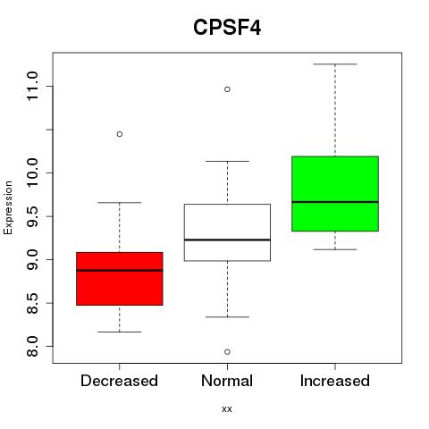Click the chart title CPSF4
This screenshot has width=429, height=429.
227,28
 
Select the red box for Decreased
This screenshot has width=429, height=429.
120,279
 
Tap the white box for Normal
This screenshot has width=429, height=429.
227,232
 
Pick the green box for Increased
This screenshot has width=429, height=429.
335,193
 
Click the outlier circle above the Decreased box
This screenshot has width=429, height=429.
120,134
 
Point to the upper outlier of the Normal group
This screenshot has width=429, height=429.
227,89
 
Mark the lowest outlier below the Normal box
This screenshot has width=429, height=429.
227,352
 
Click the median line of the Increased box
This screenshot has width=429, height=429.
335,202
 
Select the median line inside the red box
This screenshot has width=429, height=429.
120,270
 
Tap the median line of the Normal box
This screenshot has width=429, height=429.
227,240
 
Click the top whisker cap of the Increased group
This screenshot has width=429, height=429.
335,64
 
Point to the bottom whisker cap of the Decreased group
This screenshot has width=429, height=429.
120,332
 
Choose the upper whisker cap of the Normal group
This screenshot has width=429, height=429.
227,161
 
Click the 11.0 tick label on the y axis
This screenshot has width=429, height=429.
32,87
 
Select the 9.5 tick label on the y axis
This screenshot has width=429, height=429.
32,216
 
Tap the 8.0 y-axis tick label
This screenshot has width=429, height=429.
32,346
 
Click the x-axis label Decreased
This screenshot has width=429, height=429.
119,381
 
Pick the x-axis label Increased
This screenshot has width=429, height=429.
335,381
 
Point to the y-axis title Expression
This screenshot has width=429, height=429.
8,207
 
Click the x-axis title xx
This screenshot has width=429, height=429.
227,409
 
